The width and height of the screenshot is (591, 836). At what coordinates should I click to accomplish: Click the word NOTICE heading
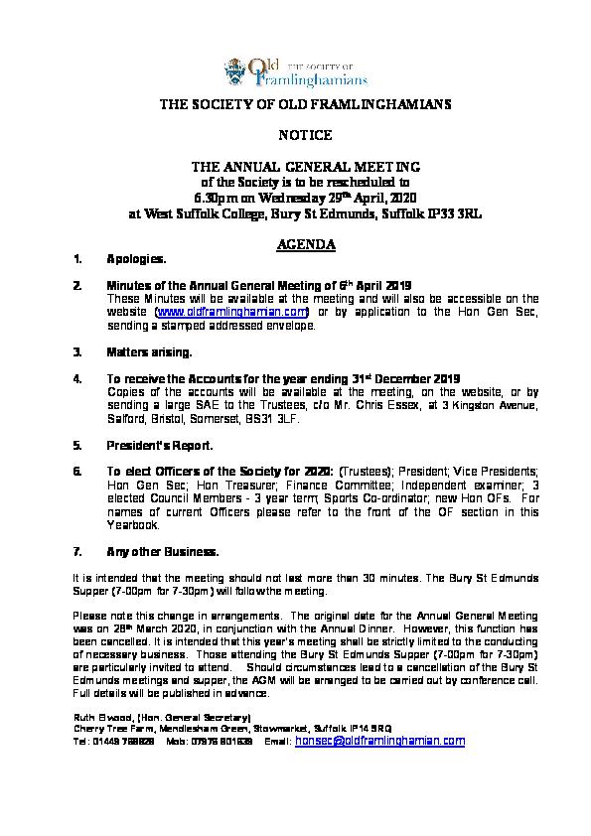click(x=295, y=134)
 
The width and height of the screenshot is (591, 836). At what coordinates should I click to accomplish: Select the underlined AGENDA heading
click(x=295, y=244)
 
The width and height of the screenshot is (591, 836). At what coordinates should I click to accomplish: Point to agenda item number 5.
click(x=77, y=446)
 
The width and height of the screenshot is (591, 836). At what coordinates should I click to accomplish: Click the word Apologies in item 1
click(x=136, y=259)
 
